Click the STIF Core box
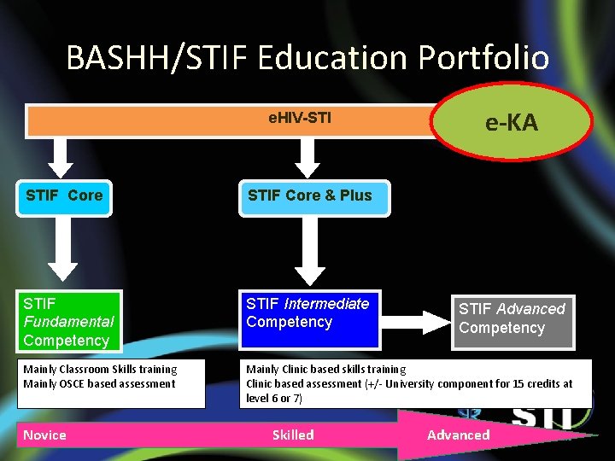pos(64,195)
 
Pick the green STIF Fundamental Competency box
pos(68,322)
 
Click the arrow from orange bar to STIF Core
pos(61,156)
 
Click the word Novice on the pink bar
pos(44,435)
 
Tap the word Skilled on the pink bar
pos(293,435)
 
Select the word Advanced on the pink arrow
pos(459,435)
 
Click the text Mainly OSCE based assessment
pos(99,383)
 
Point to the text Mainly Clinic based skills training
pos(325,369)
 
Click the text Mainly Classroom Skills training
pos(100,369)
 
